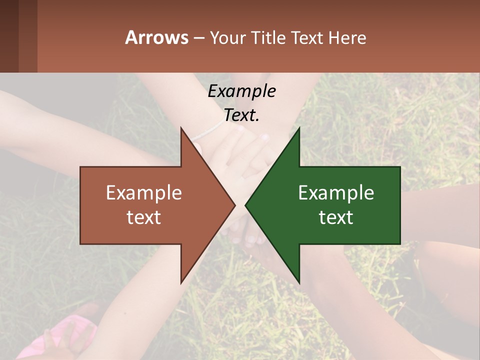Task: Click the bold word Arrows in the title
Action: coord(156,37)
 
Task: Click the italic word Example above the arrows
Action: coord(241,91)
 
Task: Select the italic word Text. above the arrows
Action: coord(241,115)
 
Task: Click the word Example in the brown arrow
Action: coord(143,192)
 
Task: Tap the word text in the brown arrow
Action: coord(143,217)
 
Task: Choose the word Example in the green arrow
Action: coord(336,192)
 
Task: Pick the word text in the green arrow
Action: coord(336,217)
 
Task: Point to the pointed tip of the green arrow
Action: coord(246,205)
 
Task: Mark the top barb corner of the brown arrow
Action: coord(181,128)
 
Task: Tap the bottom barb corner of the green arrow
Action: coord(299,282)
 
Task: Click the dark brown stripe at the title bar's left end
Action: coord(9,36)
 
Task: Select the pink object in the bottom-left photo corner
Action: coord(75,332)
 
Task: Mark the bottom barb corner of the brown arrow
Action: coord(181,282)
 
